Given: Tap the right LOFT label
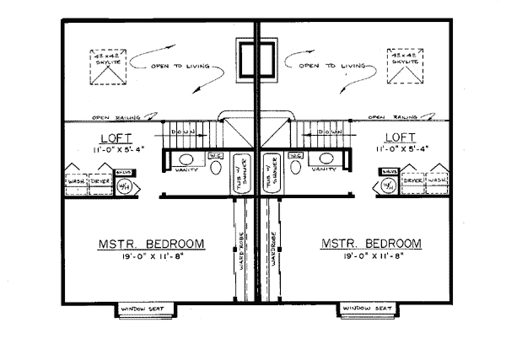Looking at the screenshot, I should [x=400, y=137].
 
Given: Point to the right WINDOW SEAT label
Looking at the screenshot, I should [x=366, y=311].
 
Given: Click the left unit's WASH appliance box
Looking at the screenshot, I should [x=78, y=181].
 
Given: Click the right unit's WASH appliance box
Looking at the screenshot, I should [x=436, y=181].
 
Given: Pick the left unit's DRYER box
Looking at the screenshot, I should [x=103, y=181].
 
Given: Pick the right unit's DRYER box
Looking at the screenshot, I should [x=412, y=181].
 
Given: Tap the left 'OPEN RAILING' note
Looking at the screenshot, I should [x=112, y=117].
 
